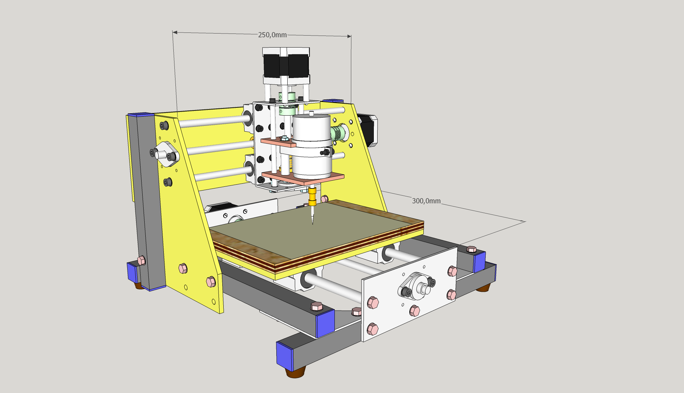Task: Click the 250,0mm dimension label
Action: click(272, 35)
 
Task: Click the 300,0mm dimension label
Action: click(426, 201)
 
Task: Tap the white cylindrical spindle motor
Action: click(312, 146)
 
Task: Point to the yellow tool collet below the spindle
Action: click(312, 196)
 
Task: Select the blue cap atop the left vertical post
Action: click(140, 114)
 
